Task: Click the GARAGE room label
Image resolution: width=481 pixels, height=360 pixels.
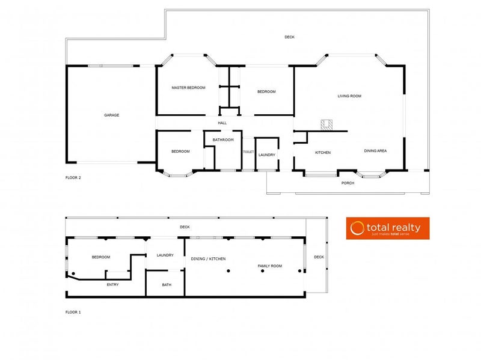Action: click(x=112, y=115)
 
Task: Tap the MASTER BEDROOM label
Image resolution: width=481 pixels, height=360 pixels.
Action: click(x=188, y=88)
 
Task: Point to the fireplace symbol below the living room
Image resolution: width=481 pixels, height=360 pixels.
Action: click(x=327, y=125)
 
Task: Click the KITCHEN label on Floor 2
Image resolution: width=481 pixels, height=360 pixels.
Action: click(x=323, y=153)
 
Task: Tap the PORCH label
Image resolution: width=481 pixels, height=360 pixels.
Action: click(x=348, y=183)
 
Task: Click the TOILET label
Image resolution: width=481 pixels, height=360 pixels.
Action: click(x=248, y=153)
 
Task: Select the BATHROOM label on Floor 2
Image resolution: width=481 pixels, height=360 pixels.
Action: click(x=223, y=139)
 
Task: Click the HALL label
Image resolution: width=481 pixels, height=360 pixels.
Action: click(x=222, y=123)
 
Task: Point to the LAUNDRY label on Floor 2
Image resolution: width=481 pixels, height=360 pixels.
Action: click(x=267, y=155)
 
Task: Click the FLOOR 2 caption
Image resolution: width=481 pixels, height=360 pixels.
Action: click(x=73, y=178)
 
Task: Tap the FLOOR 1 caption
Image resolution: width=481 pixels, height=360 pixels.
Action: click(x=73, y=312)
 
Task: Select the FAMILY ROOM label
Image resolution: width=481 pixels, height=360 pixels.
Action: click(x=270, y=266)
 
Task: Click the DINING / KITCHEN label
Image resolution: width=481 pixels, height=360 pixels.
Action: click(x=208, y=258)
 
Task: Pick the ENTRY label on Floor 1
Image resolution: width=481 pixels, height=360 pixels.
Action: click(x=112, y=284)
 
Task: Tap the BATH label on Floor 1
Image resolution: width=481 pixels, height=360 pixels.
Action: click(x=167, y=285)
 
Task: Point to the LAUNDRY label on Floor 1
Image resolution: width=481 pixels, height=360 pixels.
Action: click(x=165, y=255)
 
